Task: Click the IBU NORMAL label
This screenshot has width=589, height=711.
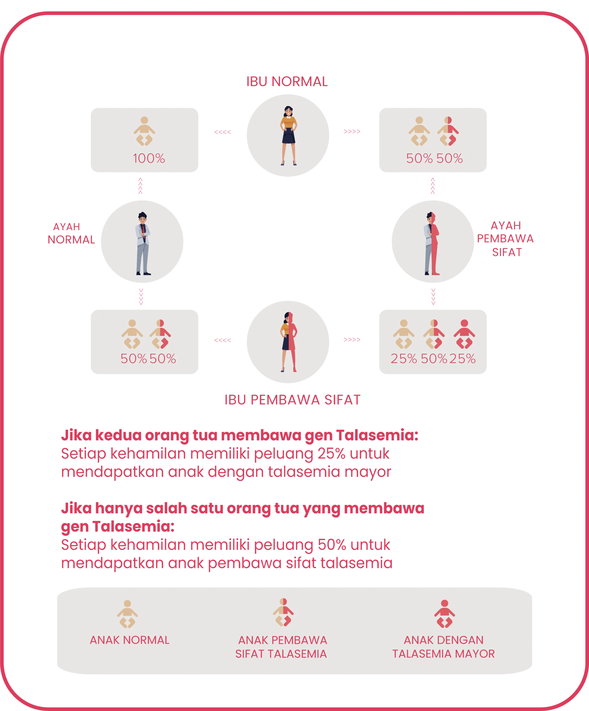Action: (x=287, y=82)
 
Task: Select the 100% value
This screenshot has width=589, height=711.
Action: (x=149, y=159)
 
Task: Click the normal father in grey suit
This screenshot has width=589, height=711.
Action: (x=143, y=243)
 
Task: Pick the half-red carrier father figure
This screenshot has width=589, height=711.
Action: (x=432, y=243)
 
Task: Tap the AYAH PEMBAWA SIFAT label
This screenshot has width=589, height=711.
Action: (x=506, y=239)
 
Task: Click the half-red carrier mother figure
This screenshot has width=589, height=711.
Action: (x=289, y=342)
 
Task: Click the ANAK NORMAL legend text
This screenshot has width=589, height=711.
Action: (x=130, y=640)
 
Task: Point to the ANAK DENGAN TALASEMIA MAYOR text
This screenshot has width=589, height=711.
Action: (x=443, y=647)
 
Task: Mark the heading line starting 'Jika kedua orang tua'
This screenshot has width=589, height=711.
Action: (x=240, y=436)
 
